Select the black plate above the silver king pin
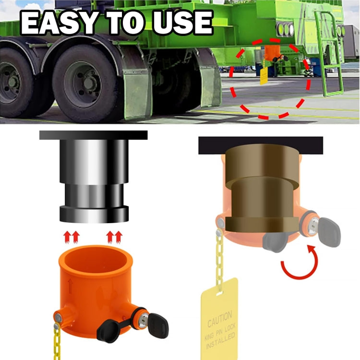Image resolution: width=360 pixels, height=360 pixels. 94,135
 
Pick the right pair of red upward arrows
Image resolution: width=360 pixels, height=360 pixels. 114,236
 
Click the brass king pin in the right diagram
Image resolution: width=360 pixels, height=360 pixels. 260,192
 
